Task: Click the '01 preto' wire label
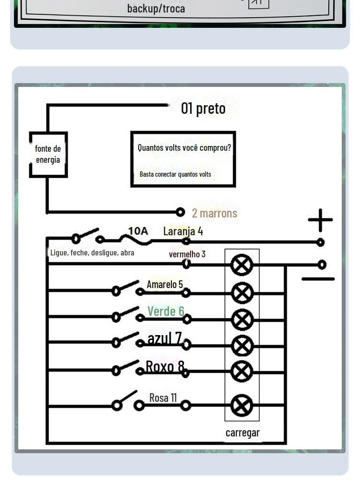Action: [203, 109]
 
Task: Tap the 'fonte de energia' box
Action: [48, 154]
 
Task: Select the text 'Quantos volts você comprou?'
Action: [184, 148]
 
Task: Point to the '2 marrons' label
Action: [215, 213]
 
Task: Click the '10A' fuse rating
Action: [138, 231]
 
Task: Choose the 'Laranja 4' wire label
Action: [183, 231]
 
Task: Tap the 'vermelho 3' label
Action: [187, 254]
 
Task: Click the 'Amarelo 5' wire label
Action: [165, 284]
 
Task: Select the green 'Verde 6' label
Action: [166, 311]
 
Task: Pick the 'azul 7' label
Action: [165, 338]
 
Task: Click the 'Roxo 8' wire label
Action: [165, 366]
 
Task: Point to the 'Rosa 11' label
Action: [163, 398]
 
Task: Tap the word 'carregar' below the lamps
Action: [242, 433]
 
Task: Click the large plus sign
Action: [320, 220]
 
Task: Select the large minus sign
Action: [318, 279]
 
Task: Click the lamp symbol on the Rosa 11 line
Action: [242, 406]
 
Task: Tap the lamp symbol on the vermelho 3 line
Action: [242, 265]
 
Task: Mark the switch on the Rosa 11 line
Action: [127, 402]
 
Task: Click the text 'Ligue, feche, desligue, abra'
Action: [92, 253]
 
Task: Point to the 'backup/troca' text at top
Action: [156, 8]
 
